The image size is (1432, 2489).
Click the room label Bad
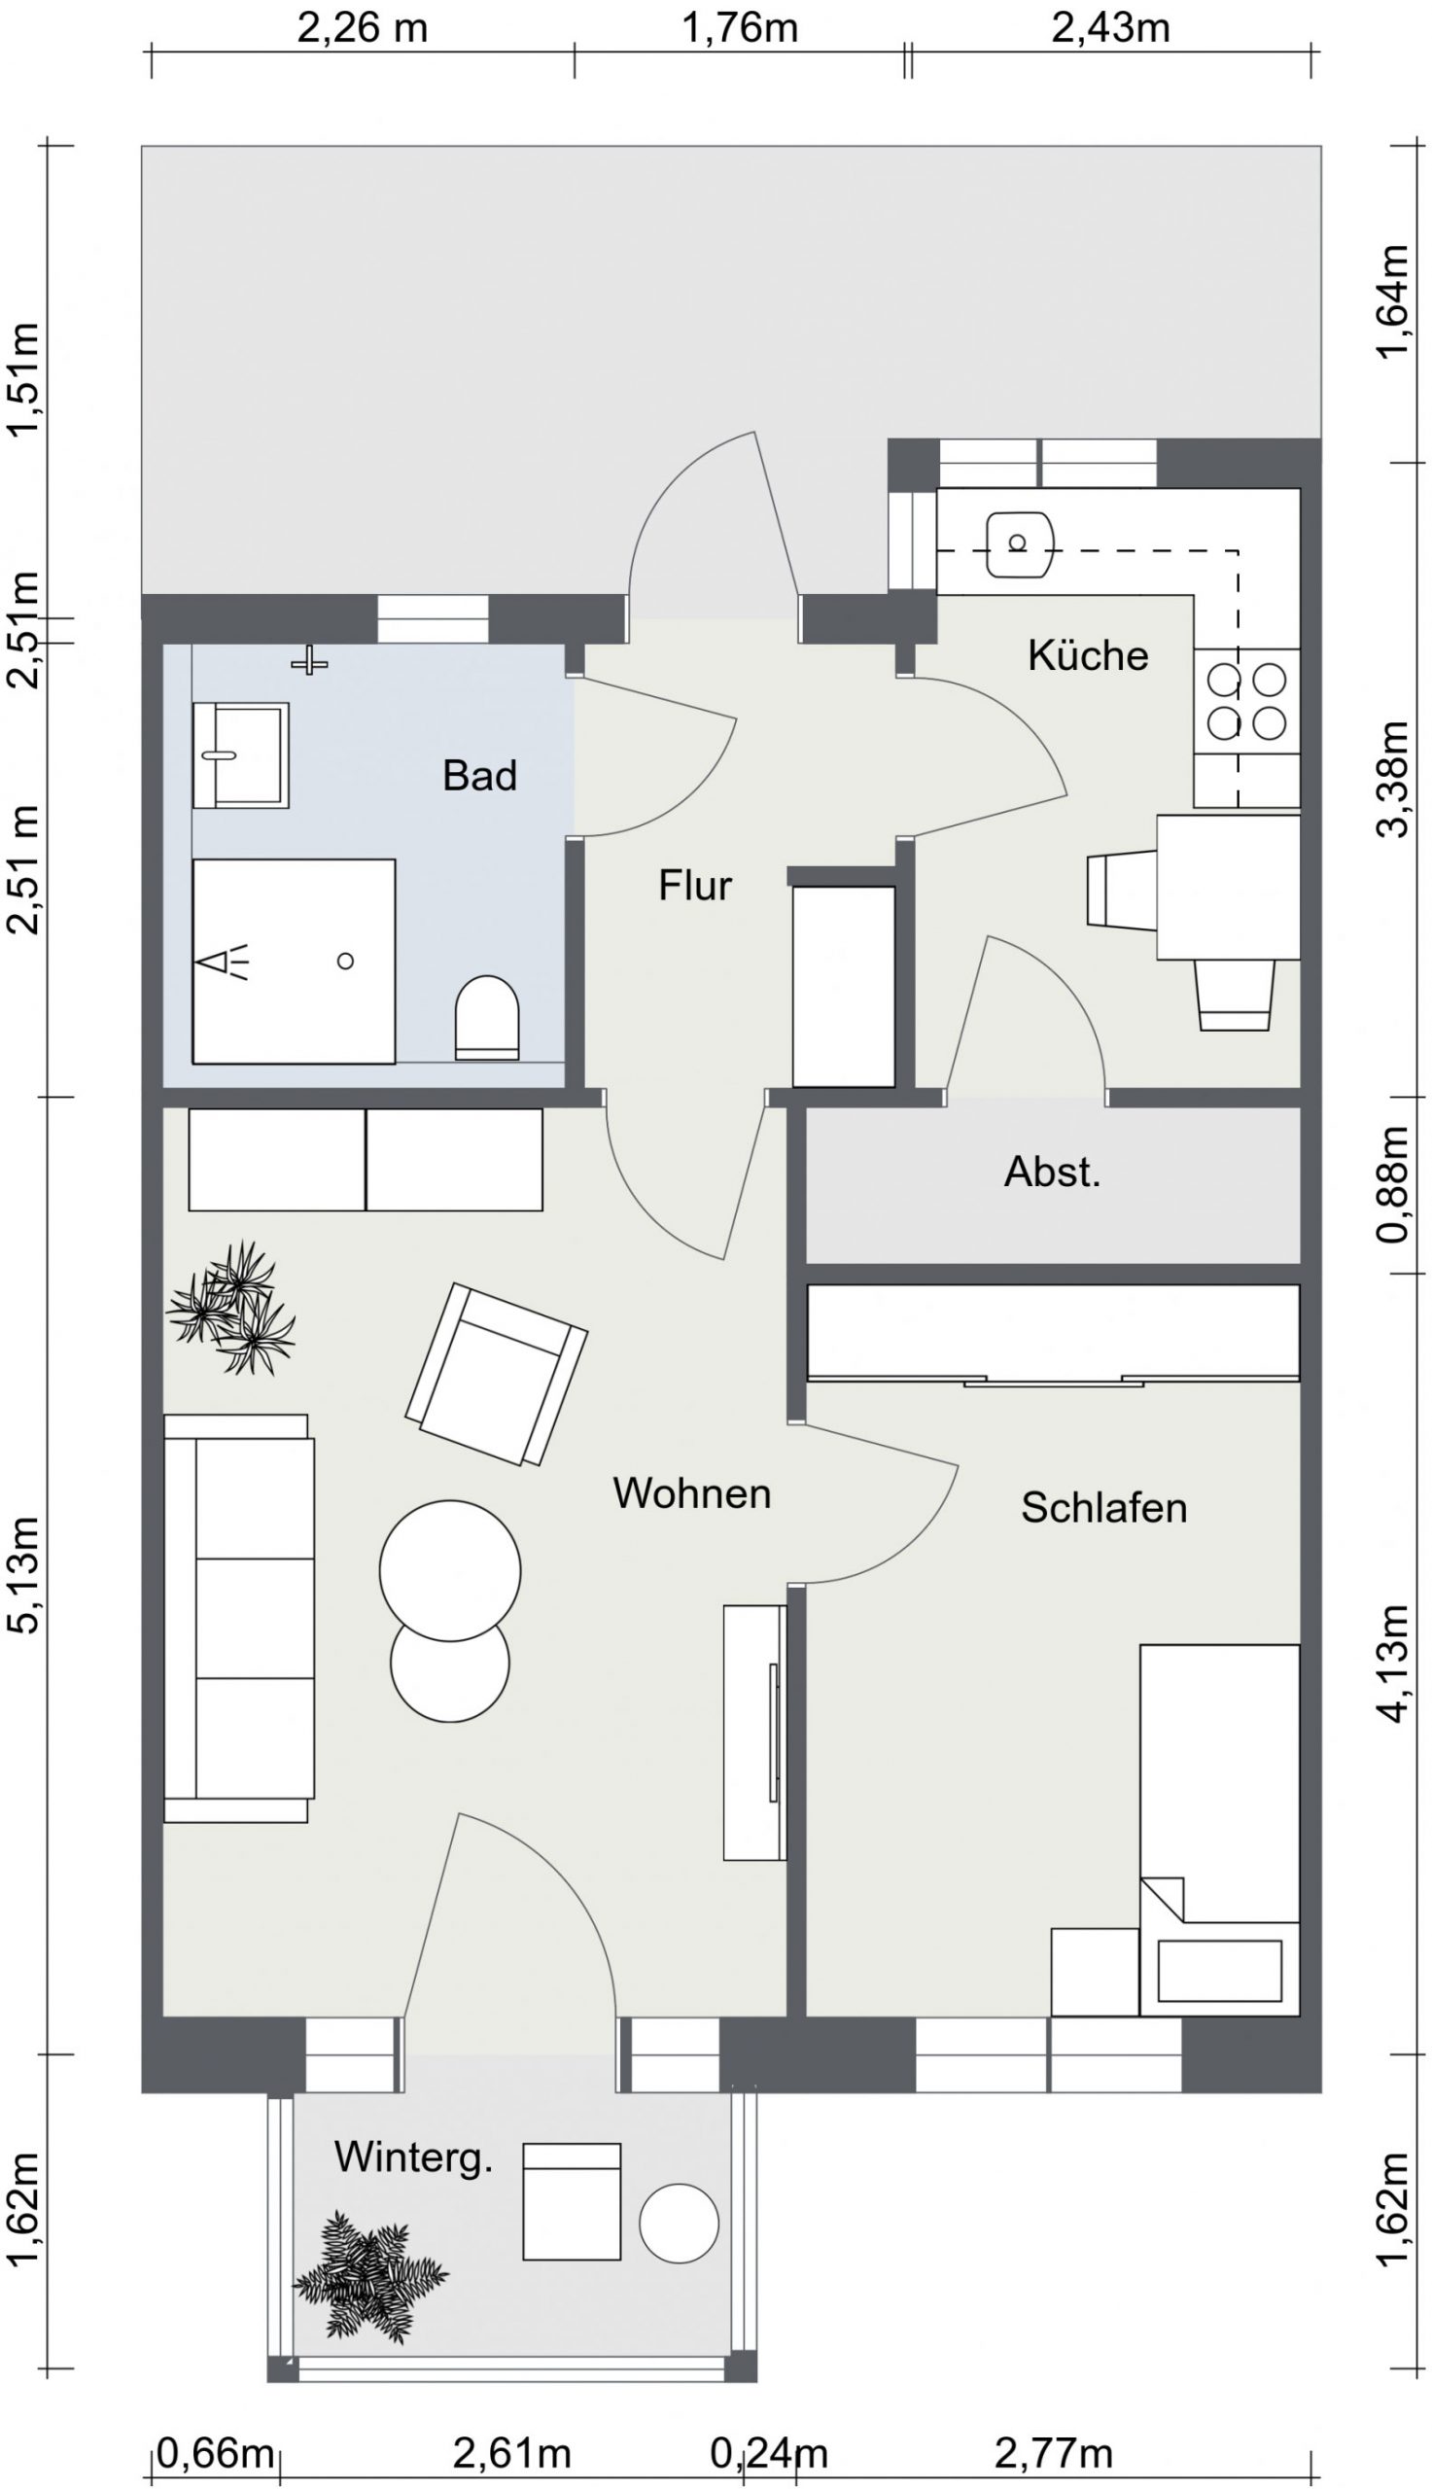479,776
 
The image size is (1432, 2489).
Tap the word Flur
695,886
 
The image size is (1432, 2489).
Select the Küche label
1088,655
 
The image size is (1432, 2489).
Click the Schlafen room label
1103,1508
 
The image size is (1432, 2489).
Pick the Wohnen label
691,1493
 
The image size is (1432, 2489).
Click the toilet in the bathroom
487,1018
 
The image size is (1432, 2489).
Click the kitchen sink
1019,543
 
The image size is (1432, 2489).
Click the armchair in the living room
496,1375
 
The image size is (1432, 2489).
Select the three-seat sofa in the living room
239,1619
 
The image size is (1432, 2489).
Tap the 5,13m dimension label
25,1574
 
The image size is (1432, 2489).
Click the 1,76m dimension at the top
740,28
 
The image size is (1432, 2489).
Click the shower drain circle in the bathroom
345,961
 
